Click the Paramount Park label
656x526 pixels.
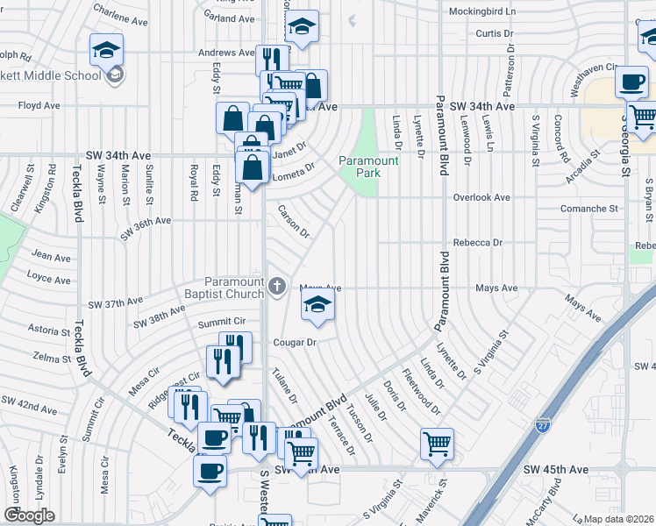(369, 167)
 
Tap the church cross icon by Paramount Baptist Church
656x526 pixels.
(277, 286)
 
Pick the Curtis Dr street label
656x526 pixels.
(494, 33)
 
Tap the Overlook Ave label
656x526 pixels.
(481, 198)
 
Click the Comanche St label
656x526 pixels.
(589, 209)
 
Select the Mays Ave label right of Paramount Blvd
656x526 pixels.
(496, 288)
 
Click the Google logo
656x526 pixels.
(29, 515)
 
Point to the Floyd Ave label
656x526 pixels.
(39, 106)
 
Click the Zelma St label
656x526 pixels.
(50, 359)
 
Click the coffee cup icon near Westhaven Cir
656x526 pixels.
(631, 82)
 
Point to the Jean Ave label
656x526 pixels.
(51, 257)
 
